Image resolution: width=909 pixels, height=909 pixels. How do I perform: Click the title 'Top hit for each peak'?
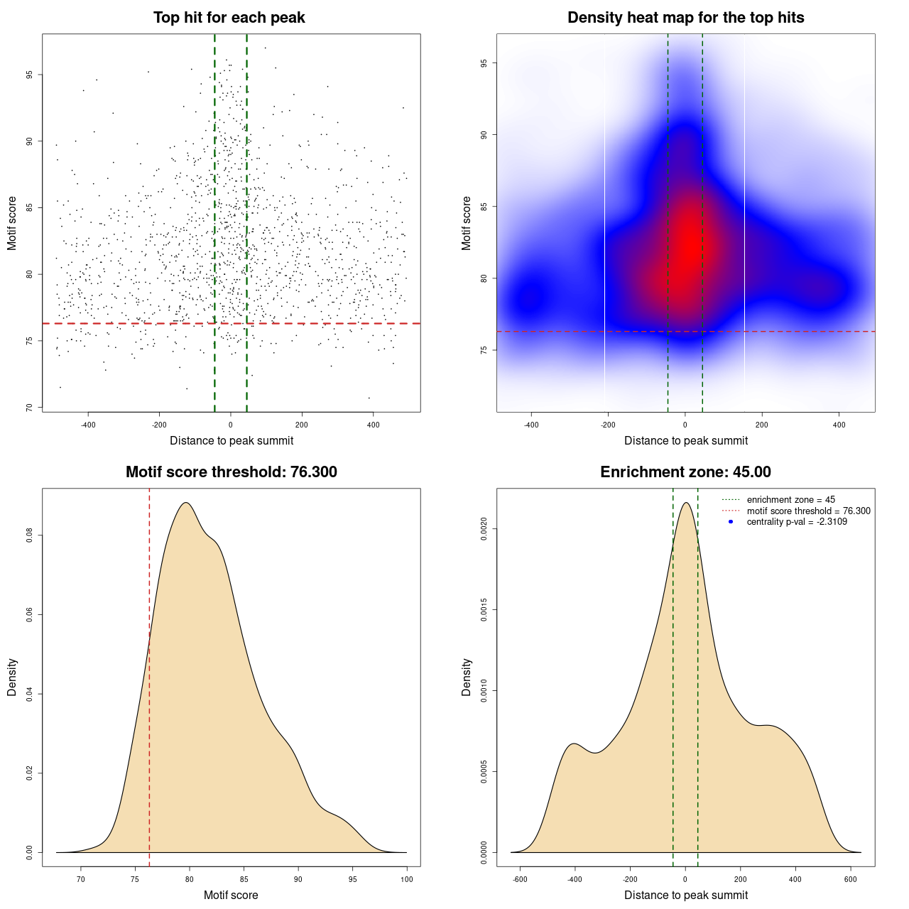click(x=229, y=18)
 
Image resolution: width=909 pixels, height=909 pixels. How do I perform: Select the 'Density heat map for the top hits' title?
click(x=685, y=18)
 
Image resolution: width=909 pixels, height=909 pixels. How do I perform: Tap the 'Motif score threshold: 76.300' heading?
click(x=231, y=472)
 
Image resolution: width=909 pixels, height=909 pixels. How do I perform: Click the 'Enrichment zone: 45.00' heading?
click(x=685, y=472)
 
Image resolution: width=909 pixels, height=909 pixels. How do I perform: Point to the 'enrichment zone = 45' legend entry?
click(x=790, y=500)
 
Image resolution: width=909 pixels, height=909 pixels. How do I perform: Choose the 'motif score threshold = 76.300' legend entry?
click(x=808, y=511)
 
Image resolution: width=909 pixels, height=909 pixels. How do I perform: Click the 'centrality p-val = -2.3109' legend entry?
click(x=797, y=522)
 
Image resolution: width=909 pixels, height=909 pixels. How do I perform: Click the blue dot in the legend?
click(x=731, y=522)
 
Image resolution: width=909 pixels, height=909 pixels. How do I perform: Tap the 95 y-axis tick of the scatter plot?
click(x=30, y=75)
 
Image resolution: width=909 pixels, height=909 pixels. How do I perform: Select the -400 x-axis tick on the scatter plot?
click(x=88, y=425)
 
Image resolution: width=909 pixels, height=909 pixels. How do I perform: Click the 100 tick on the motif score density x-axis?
click(x=407, y=879)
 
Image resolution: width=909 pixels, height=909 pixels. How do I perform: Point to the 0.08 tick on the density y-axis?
click(x=30, y=535)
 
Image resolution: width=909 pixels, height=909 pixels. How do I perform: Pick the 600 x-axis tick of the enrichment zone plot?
click(x=850, y=879)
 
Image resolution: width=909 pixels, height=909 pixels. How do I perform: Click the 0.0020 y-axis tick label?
click(x=484, y=529)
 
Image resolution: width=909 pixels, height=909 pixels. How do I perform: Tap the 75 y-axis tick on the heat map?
click(x=484, y=350)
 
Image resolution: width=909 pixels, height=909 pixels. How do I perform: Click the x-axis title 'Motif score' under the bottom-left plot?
click(x=231, y=895)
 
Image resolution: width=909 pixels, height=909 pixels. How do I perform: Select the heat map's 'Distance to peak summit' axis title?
click(x=685, y=440)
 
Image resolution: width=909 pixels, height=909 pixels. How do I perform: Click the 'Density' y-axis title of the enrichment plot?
click(x=467, y=677)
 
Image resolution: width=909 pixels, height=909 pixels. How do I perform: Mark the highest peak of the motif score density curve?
click(x=185, y=503)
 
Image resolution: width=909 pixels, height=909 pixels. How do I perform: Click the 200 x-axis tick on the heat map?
click(x=762, y=425)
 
